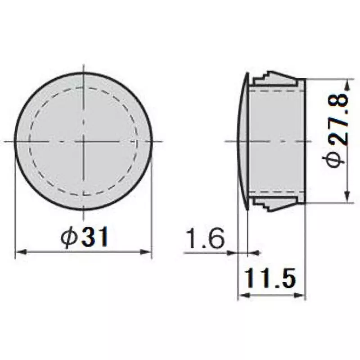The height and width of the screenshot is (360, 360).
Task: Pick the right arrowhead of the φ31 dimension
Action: pyautogui.click(x=147, y=252)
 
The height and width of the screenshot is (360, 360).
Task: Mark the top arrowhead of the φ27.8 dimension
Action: pyautogui.click(x=347, y=84)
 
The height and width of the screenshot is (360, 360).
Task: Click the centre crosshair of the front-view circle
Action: pyautogui.click(x=83, y=141)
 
